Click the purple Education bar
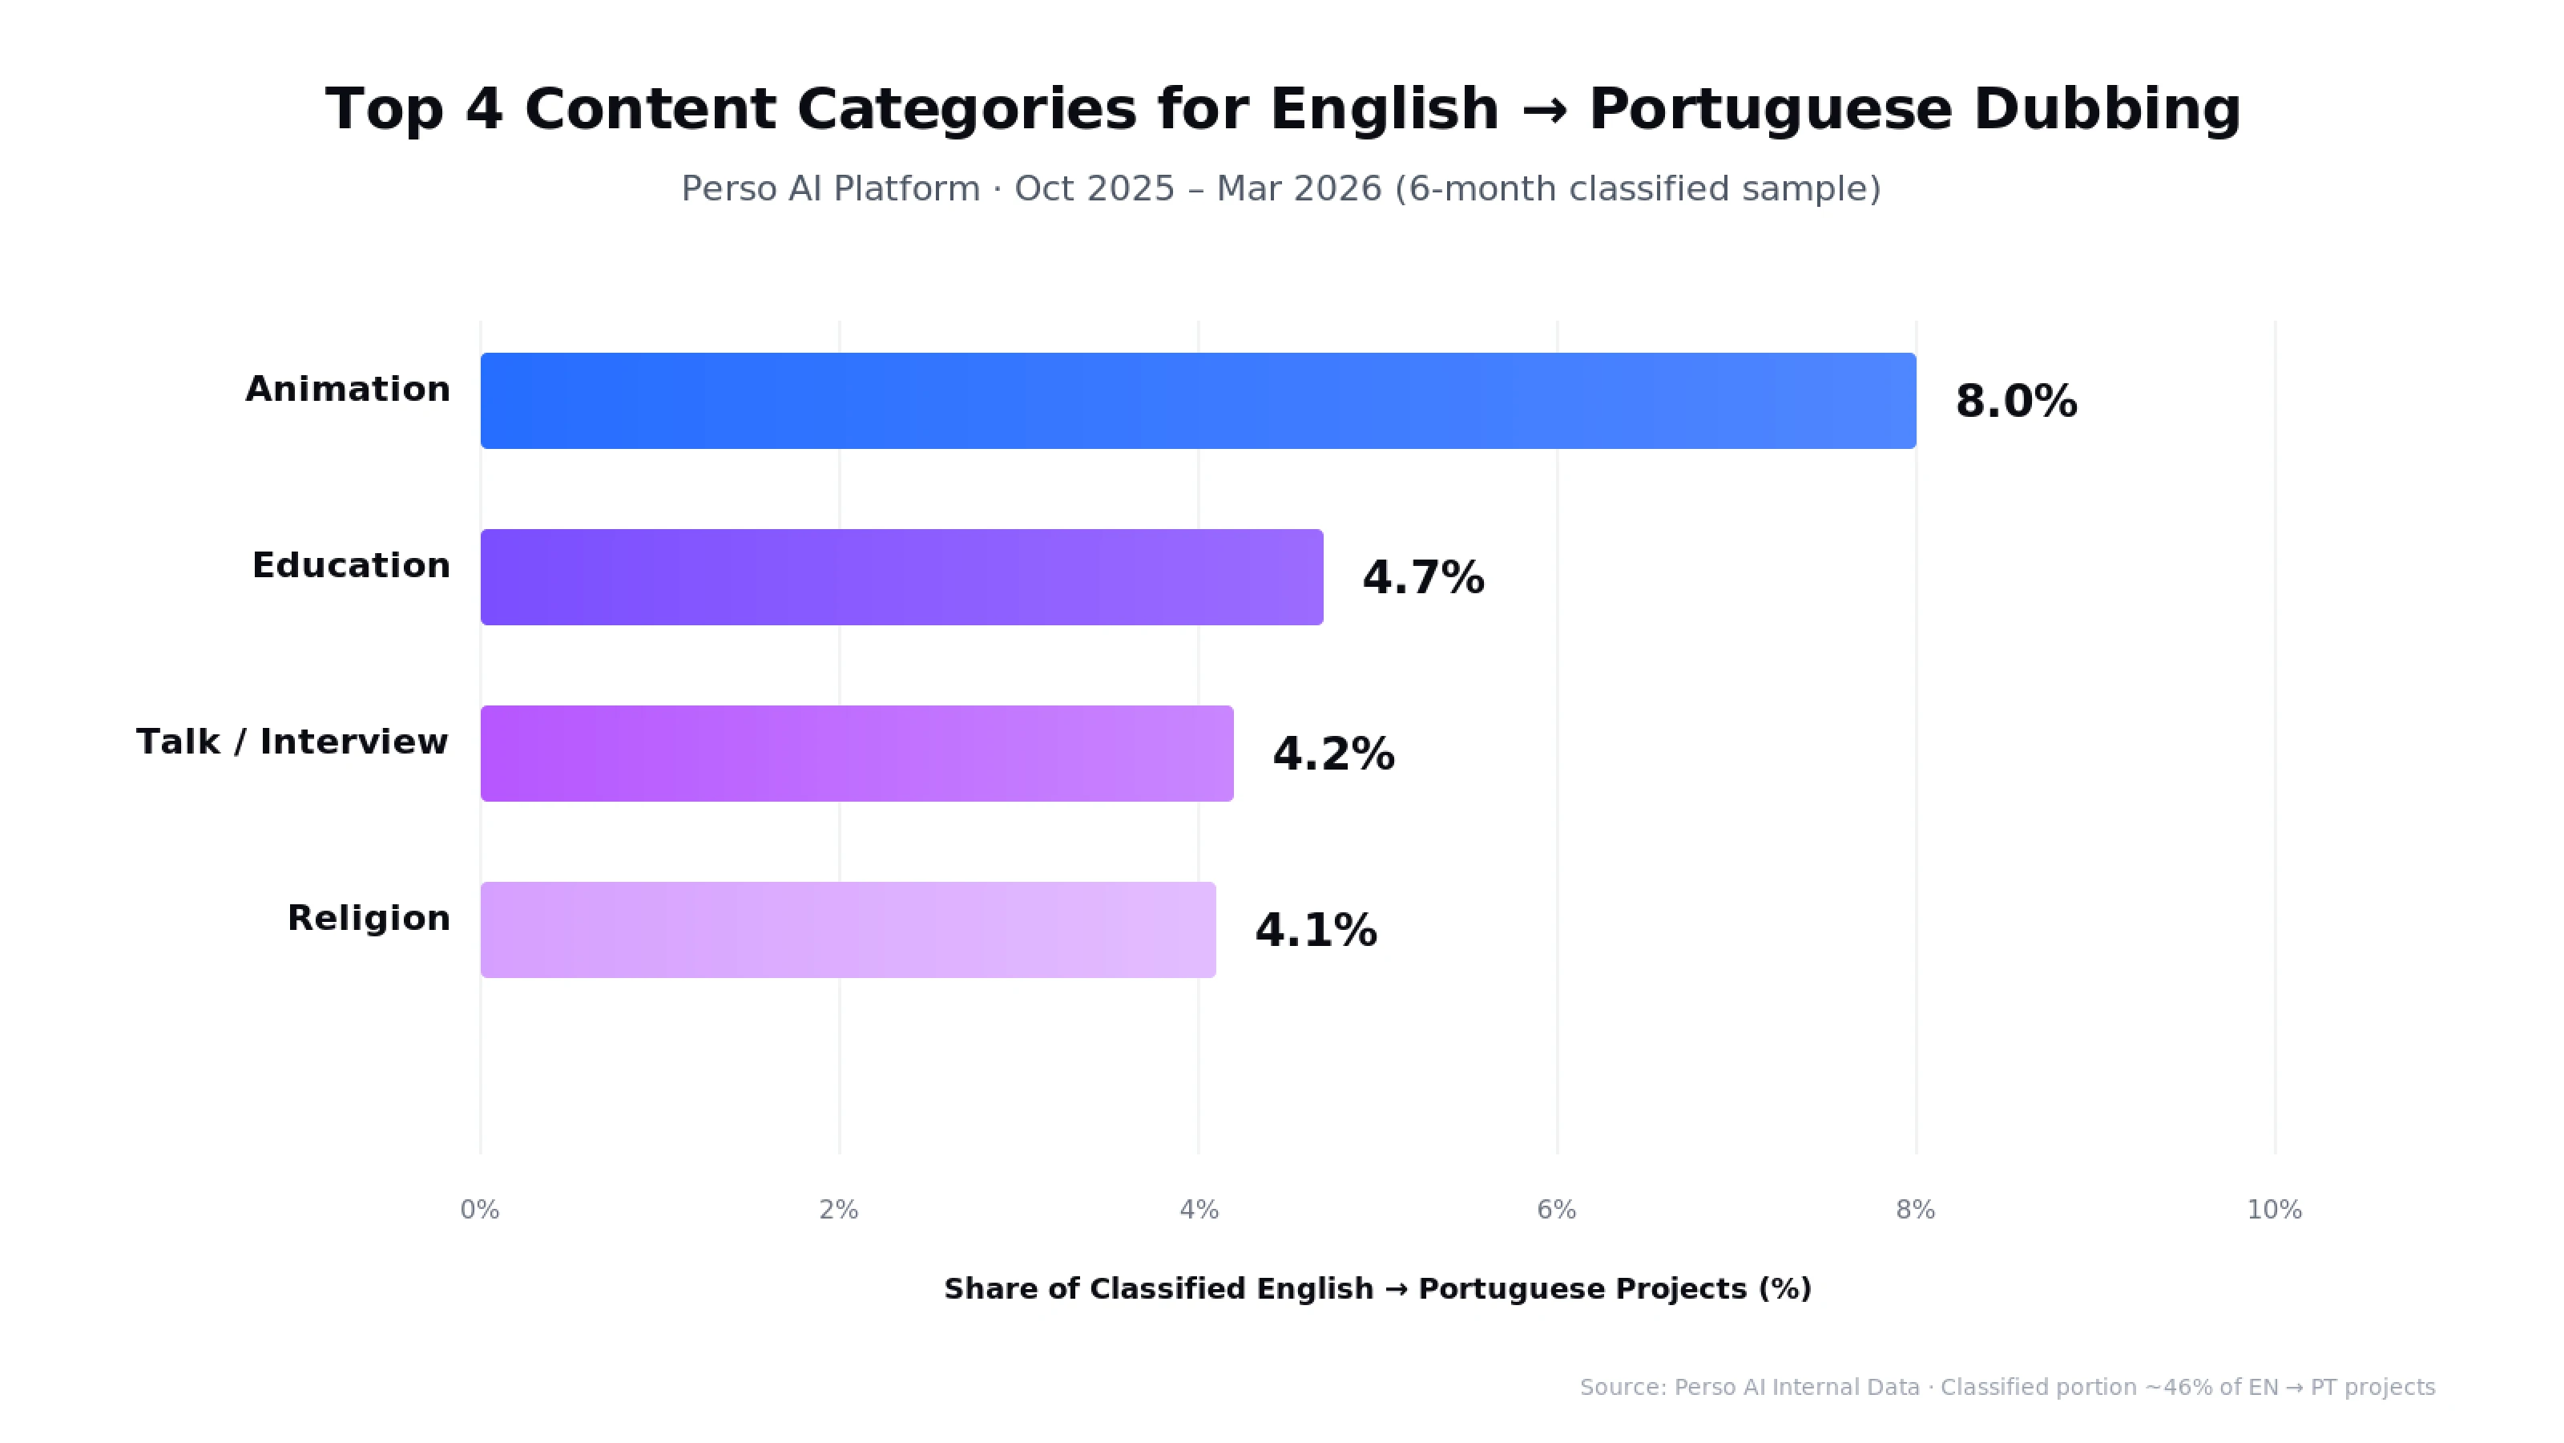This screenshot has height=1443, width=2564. point(901,576)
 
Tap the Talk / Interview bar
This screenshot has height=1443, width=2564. point(857,753)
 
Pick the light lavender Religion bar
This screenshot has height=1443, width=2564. point(848,929)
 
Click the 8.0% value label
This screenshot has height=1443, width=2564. point(2016,402)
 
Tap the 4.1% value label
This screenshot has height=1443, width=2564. point(1315,930)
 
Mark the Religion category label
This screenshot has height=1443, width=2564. point(369,917)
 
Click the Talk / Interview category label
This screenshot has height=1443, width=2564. point(292,741)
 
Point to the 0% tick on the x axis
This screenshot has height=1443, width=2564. point(480,1209)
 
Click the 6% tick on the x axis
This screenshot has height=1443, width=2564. point(1556,1209)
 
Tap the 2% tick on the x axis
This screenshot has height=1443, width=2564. point(838,1209)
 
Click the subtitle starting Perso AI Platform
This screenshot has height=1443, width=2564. point(1280,188)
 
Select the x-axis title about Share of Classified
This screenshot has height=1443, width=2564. point(1377,1287)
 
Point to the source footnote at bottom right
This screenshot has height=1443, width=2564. point(2006,1386)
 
